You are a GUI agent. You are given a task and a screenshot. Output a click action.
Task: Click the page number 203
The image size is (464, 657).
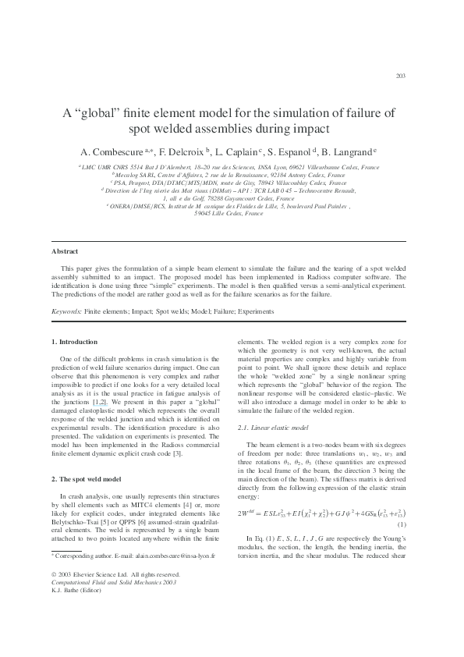402,76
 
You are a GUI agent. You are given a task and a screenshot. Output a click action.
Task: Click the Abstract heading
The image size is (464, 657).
64,252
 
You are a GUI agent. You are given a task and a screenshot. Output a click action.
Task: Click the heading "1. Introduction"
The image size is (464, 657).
75,342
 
